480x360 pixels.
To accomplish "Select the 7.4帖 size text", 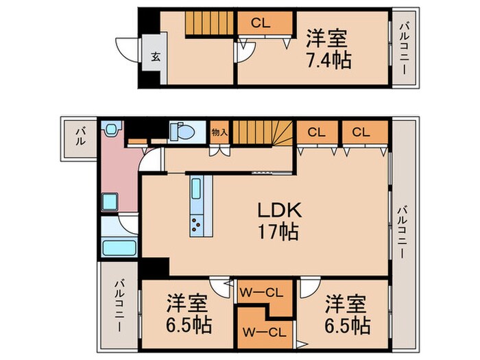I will tap(328, 60).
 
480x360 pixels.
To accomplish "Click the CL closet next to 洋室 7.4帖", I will tap(261, 22).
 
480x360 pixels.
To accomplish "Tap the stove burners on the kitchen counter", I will tap(197, 224).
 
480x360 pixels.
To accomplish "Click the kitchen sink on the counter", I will tap(197, 189).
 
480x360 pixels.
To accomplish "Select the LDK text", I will tap(279, 209).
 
